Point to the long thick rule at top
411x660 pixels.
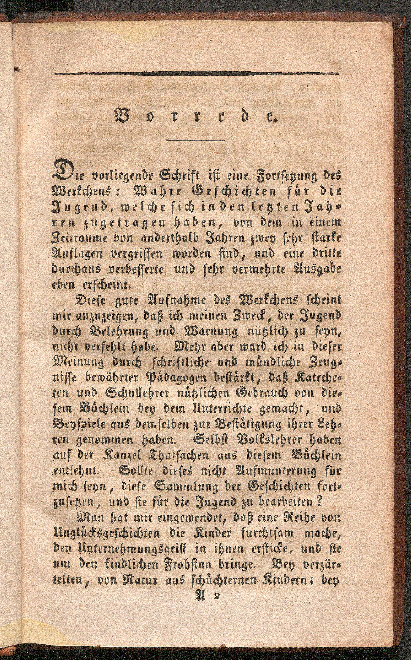pyautogui.click(x=197, y=73)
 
